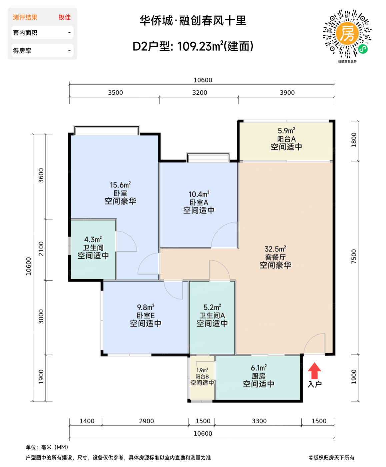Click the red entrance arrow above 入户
coord(314,371)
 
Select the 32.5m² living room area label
coord(275,249)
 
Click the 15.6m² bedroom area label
coord(120,185)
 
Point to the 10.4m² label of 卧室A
coord(199,194)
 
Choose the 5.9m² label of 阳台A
coord(286,131)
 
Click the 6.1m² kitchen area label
coord(258,368)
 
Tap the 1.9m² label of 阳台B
coord(202,370)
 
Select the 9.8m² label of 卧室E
coord(145,307)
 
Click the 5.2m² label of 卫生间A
coord(212,307)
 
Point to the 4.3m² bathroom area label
coord(93,240)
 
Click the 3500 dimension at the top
coord(115,93)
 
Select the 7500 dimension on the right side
coord(354,257)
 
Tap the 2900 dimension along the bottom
coord(146,421)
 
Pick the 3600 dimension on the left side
coord(41,175)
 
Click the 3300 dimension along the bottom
coord(259,421)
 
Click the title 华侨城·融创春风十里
coord(193,21)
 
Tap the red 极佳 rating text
coord(64,17)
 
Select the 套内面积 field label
coord(25,33)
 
